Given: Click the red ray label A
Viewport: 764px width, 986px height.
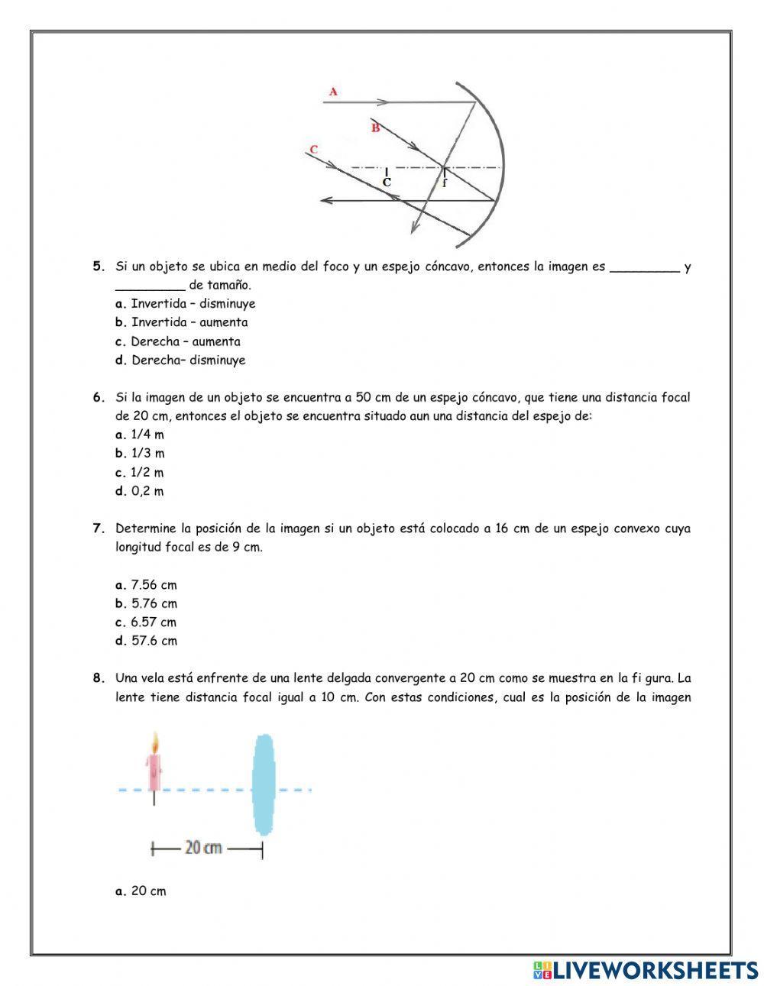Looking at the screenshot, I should (x=333, y=92).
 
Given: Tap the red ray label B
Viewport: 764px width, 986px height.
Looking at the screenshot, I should (x=375, y=128).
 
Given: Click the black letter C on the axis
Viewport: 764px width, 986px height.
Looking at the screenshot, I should (x=387, y=183).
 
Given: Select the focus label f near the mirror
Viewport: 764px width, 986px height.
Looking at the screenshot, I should (x=445, y=183).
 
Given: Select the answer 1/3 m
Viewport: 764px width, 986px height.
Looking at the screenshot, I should (x=147, y=453).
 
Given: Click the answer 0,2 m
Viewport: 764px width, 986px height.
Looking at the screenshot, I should (x=147, y=491).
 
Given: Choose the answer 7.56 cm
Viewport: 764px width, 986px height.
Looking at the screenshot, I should (x=154, y=585).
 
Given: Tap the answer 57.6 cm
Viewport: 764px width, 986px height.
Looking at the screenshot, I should (x=154, y=641).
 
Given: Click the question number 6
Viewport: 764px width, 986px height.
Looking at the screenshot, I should (x=98, y=397).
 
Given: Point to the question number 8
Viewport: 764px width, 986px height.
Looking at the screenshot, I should (x=98, y=678).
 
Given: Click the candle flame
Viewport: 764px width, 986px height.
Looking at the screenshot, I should (x=155, y=742).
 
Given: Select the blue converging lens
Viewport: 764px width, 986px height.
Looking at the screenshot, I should (x=264, y=784).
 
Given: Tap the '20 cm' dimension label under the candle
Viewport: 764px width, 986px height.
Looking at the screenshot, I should (x=204, y=848).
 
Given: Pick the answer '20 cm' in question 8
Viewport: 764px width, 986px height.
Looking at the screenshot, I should (x=148, y=891).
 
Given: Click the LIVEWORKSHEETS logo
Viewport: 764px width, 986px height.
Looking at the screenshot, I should (x=646, y=970).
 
